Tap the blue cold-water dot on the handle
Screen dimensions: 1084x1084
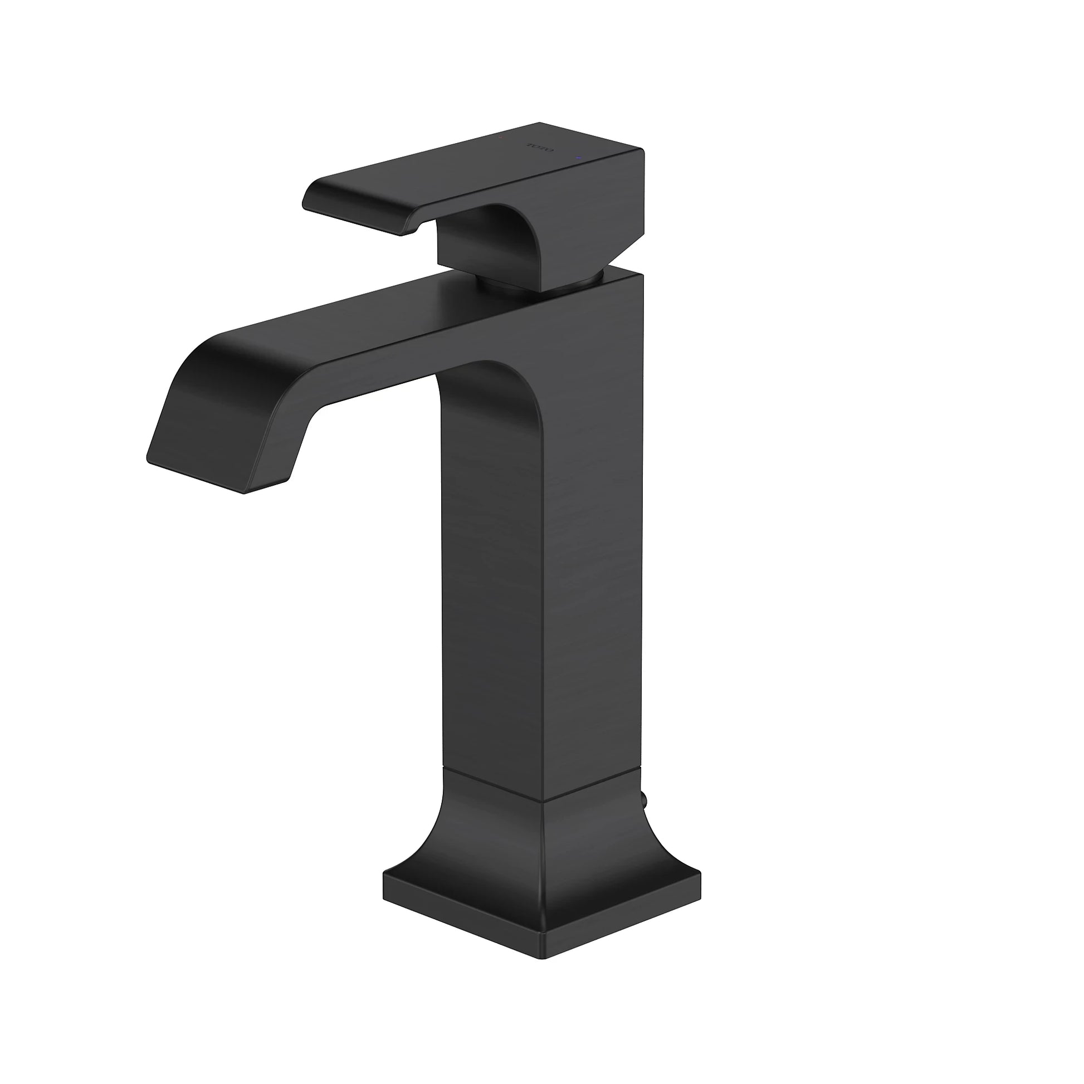point(578,160)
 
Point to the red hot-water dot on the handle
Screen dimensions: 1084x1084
point(501,136)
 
